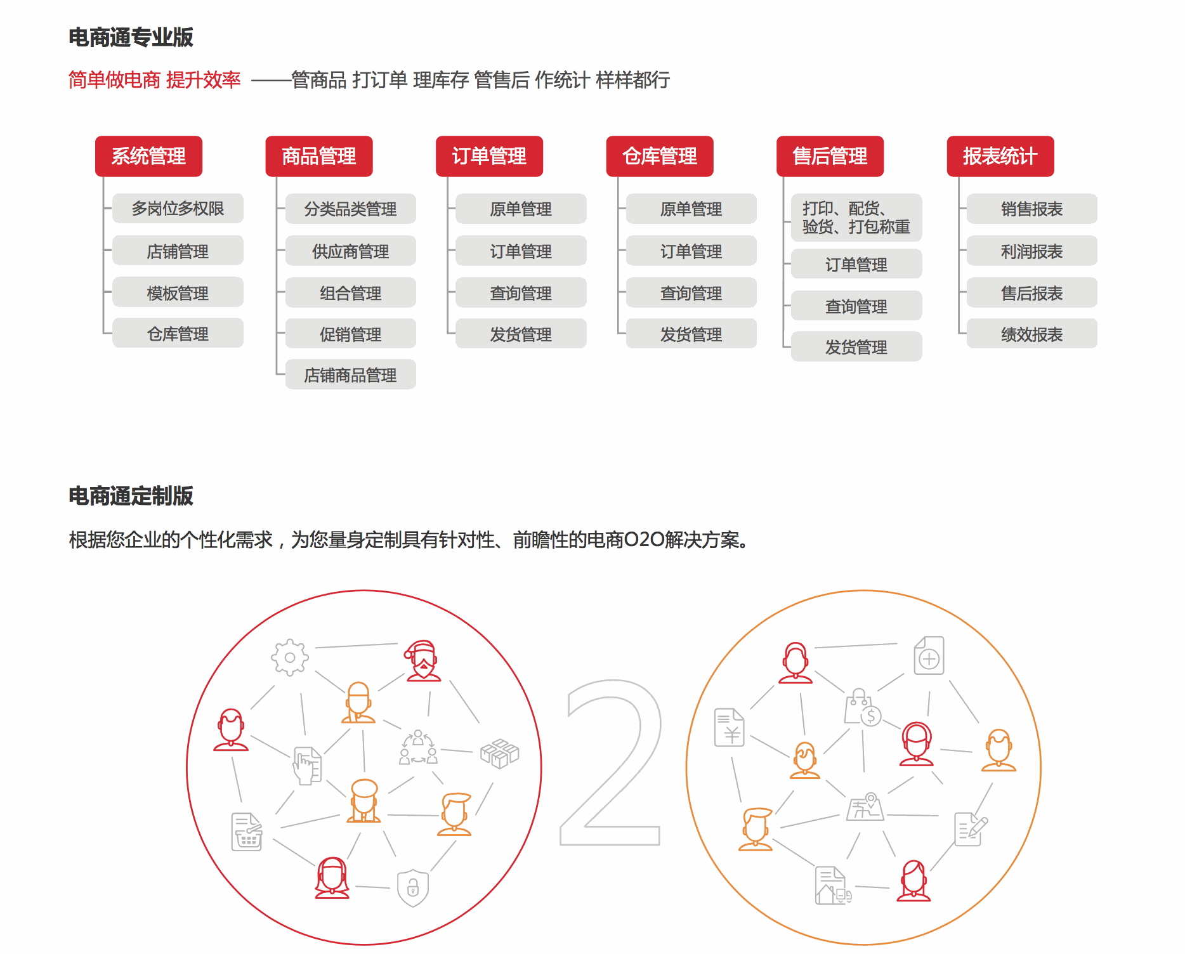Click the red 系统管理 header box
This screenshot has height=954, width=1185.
coord(148,156)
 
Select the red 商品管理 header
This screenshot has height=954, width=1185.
coord(319,156)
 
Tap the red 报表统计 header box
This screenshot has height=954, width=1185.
coord(1000,156)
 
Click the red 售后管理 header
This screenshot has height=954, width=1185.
coord(830,156)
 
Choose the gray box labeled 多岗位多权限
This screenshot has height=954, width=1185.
coord(178,209)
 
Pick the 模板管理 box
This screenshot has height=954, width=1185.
coord(178,292)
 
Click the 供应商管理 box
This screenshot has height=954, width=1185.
coord(351,251)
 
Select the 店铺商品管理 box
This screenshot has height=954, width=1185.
coord(351,374)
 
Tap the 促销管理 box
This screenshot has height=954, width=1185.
coord(351,334)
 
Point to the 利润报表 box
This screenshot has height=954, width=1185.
coord(1032,251)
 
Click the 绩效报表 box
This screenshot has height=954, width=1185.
coord(1032,334)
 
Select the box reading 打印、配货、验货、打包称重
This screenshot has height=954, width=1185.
coord(856,218)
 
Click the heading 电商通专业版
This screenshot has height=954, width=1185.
coord(131,37)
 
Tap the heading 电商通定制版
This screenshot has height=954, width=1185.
coord(131,496)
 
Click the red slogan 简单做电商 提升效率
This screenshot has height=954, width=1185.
coord(155,80)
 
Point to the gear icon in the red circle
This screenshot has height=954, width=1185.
coord(290,657)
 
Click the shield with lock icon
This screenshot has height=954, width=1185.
coord(413,887)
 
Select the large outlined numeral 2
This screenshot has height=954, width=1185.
coord(610,762)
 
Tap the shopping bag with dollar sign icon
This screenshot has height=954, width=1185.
coord(863,707)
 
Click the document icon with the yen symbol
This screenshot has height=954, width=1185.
coord(730,727)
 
